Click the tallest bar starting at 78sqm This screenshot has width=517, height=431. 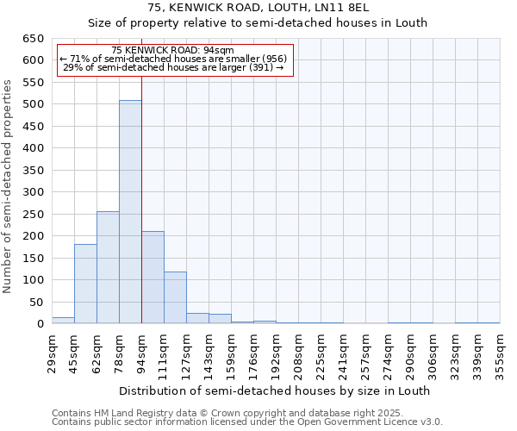coord(130,212)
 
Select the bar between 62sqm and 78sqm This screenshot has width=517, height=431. coord(108,267)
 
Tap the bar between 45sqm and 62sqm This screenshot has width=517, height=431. coord(85,284)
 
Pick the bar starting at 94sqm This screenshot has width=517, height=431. coord(153,278)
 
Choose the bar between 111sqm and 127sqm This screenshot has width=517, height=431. coord(175,297)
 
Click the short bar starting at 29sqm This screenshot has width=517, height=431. coord(63,320)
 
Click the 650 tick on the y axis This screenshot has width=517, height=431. coord(33,39)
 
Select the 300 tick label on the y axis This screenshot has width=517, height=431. coord(33,192)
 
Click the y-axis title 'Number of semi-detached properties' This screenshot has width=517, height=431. coord(8,186)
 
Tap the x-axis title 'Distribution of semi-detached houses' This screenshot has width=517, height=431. coord(274,390)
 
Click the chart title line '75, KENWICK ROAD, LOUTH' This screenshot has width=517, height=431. coord(257,8)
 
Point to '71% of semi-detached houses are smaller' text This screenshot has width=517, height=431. coord(176,59)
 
